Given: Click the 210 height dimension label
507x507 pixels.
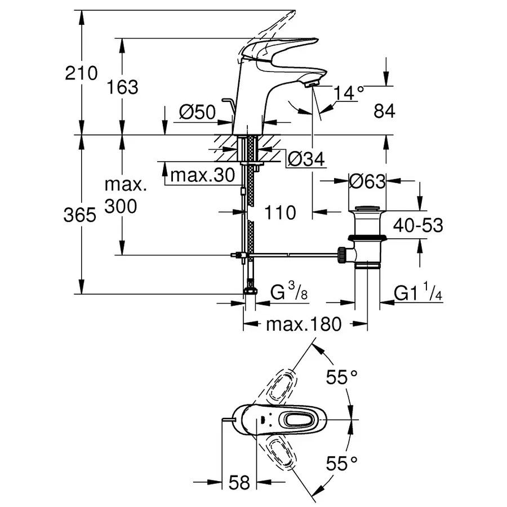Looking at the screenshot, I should [x=81, y=73].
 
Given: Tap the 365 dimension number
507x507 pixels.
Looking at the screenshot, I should [x=81, y=215].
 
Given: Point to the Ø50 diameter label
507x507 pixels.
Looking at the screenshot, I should [x=197, y=112].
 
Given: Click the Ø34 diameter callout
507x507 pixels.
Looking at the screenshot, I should [x=306, y=161].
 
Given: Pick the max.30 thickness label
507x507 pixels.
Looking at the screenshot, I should [x=202, y=176].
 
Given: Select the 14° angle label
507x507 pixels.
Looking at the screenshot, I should [x=349, y=93].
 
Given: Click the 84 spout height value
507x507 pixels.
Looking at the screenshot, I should [x=384, y=111].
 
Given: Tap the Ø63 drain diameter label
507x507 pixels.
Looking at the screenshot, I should [x=367, y=181].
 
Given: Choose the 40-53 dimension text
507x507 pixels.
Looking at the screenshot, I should [x=417, y=225].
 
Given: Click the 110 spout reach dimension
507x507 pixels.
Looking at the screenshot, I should [x=279, y=212].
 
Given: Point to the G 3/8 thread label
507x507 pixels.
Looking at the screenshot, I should [x=289, y=293].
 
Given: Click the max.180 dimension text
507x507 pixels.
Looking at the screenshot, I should [x=304, y=324].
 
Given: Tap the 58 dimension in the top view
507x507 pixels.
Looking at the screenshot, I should [x=239, y=483].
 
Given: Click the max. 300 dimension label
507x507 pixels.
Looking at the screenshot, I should [x=121, y=195].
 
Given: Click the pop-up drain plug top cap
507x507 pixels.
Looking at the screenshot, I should [x=367, y=208].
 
